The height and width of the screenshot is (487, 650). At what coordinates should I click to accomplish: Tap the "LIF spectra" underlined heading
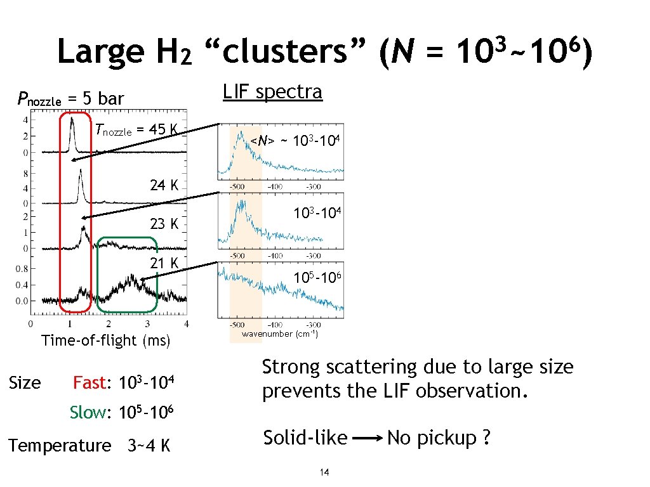tap(272, 92)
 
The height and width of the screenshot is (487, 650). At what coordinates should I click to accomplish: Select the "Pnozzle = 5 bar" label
tap(70, 98)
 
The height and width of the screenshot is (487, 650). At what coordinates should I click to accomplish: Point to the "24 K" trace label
tap(164, 185)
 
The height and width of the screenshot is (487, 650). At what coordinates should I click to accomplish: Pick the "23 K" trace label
tap(164, 224)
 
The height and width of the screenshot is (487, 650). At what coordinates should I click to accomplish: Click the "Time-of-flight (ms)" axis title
tap(106, 341)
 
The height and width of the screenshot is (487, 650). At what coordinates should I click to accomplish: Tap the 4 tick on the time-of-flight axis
tap(186, 324)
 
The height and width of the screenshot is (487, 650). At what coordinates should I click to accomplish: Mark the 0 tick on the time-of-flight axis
tap(32, 324)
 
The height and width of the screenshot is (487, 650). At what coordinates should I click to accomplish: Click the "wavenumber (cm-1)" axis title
tap(280, 334)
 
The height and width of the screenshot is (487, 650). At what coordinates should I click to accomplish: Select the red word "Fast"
tap(90, 383)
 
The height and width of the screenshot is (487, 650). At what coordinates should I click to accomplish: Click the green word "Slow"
tap(88, 412)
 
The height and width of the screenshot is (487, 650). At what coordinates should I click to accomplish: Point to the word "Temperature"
tap(60, 445)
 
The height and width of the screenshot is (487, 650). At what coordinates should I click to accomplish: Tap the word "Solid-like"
tap(305, 438)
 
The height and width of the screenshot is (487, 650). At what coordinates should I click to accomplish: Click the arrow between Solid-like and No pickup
tap(367, 438)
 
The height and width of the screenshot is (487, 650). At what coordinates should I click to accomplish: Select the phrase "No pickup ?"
tap(438, 438)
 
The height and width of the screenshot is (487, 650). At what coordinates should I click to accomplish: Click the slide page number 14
tap(324, 472)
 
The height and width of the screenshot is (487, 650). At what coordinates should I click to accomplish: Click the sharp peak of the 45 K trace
tap(73, 118)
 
